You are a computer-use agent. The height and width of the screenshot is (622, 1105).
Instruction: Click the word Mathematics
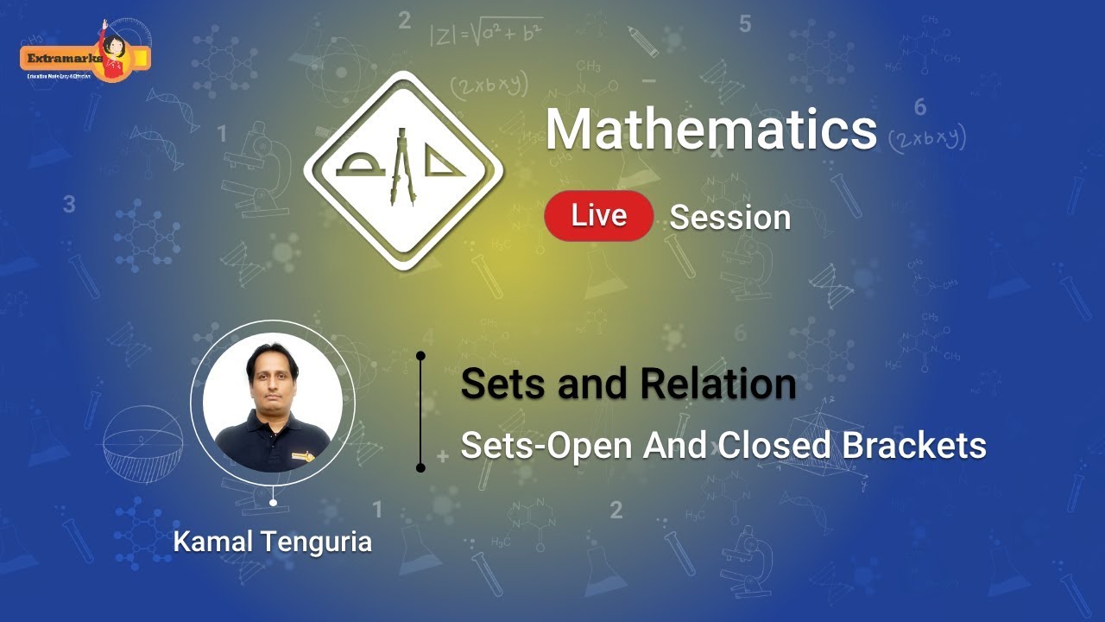click(710, 130)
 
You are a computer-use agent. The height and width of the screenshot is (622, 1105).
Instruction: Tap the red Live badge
click(598, 215)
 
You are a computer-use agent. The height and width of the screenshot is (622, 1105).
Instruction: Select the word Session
click(730, 218)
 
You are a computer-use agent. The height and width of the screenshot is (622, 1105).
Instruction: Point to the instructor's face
click(272, 375)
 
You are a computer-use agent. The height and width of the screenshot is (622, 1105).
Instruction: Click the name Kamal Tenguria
click(273, 542)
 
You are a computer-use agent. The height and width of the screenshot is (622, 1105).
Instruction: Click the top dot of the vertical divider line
click(420, 355)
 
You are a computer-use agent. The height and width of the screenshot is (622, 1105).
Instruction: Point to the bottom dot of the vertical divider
click(420, 468)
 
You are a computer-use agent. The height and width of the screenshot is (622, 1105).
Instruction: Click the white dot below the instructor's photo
click(273, 502)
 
